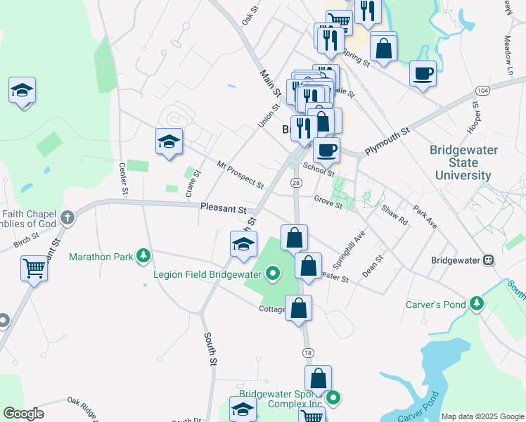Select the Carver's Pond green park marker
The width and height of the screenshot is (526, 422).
click(x=477, y=304)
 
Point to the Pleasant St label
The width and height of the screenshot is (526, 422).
click(x=223, y=209)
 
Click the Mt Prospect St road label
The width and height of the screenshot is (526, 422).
click(x=240, y=175)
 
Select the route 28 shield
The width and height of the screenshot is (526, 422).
click(x=296, y=183)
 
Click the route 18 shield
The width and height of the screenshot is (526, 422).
click(x=307, y=352)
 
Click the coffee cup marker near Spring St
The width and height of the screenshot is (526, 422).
click(x=423, y=73)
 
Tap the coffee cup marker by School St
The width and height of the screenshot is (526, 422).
click(x=326, y=149)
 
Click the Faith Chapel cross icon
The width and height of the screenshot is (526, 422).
click(x=68, y=217)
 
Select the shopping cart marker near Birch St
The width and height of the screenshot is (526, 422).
click(x=33, y=268)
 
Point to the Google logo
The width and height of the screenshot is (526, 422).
click(x=24, y=414)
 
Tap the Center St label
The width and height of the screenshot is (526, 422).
click(x=124, y=179)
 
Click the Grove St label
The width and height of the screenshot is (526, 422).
click(x=328, y=202)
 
